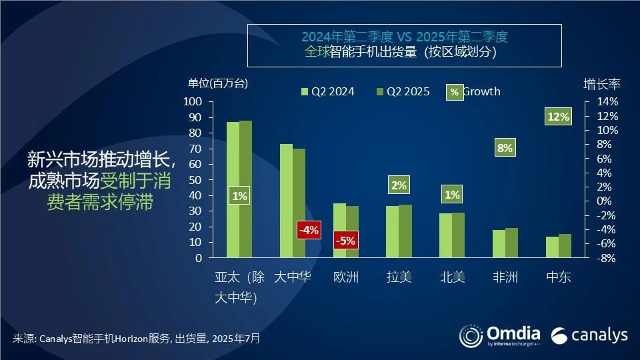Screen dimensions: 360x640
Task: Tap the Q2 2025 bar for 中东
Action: pos(565,245)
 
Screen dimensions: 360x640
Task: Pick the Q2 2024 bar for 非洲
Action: pos(499,243)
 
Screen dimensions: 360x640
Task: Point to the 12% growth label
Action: pos(558,117)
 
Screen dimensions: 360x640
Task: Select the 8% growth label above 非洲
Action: pos(505,148)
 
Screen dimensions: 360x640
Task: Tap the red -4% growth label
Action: pos(309,230)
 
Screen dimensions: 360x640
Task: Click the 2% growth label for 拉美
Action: pos(399,185)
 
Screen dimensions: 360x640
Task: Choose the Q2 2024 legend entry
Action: pos(328,91)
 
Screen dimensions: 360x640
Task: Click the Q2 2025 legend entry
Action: pos(403,91)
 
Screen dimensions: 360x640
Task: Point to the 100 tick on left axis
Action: pos(192,101)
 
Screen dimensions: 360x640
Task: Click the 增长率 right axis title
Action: pos(602,84)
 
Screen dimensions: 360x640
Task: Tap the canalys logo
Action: pos(589,334)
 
